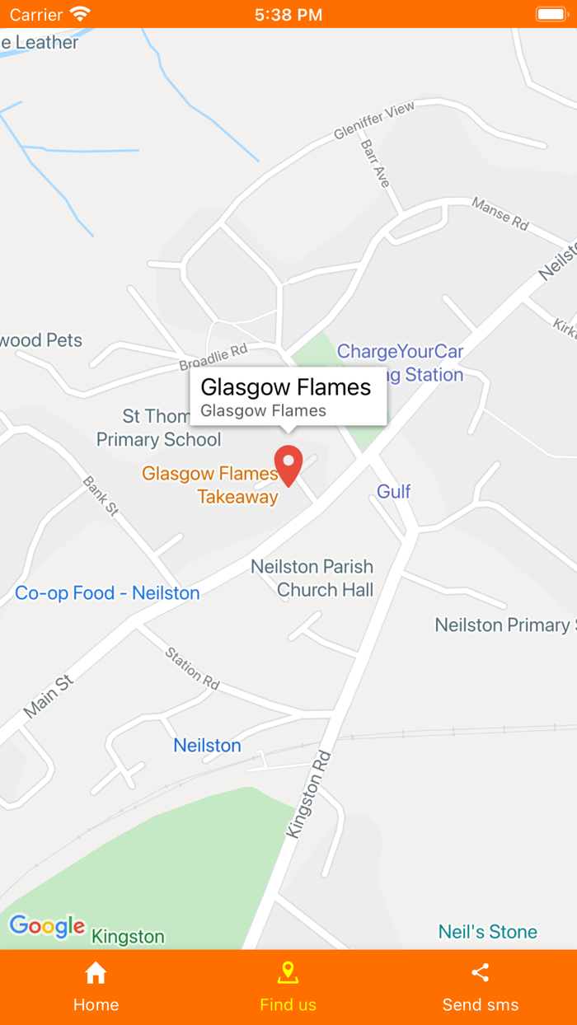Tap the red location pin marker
tap(288, 465)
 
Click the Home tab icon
tap(96, 973)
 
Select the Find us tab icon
tap(288, 973)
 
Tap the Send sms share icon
tap(481, 973)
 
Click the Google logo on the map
tap(47, 926)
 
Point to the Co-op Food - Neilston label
tap(107, 593)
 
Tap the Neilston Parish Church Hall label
tap(312, 578)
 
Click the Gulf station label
tap(394, 492)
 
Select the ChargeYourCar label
tap(401, 352)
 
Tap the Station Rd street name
tap(193, 668)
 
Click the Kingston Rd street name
tap(309, 794)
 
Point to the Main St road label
tap(49, 696)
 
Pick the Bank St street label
tap(101, 496)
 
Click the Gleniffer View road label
tap(374, 121)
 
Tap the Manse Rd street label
tap(500, 213)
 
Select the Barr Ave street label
tap(375, 163)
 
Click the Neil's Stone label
tap(488, 932)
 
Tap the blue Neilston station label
tap(207, 746)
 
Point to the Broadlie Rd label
tap(214, 357)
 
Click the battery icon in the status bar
tap(551, 14)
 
